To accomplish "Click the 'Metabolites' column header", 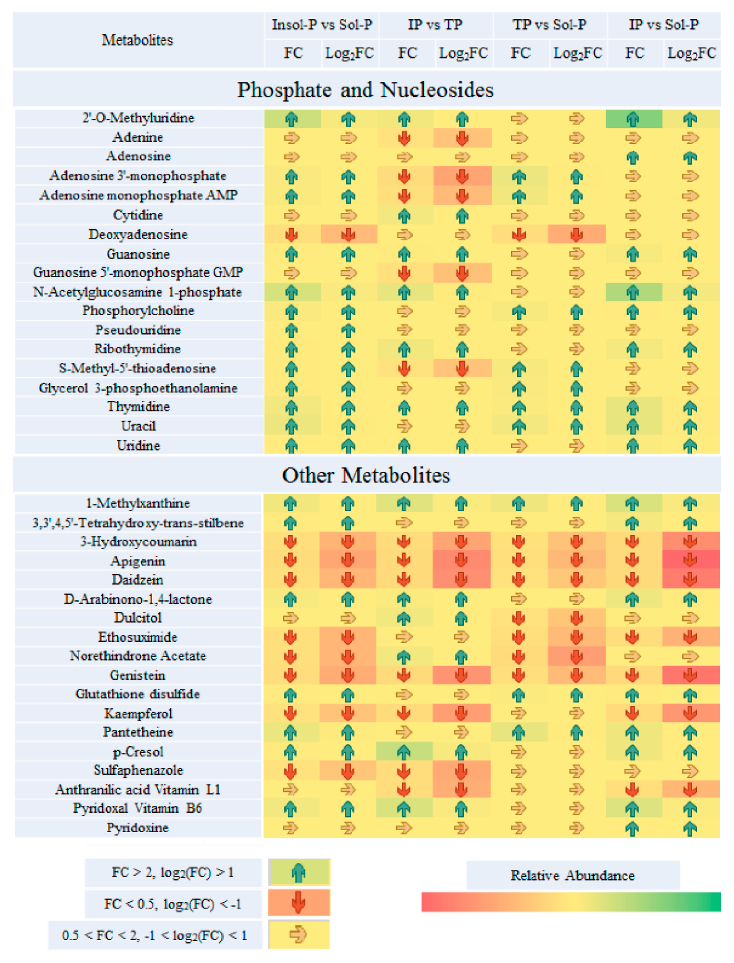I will click(x=138, y=40).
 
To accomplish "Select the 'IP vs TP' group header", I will click(x=435, y=25).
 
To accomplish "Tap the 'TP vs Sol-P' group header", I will click(x=550, y=25).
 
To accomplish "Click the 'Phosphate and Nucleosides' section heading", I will click(x=365, y=90).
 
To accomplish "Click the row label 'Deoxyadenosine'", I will click(x=138, y=234).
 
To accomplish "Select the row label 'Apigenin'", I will click(x=138, y=561).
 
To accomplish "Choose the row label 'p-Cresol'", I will click(x=138, y=752).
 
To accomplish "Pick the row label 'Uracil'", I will click(x=138, y=426).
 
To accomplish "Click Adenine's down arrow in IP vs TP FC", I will click(x=405, y=138).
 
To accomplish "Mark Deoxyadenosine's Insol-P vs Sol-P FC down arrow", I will click(x=291, y=235).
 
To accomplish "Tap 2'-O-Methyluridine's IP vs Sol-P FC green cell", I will click(x=633, y=119).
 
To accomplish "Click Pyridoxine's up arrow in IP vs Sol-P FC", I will click(x=633, y=828).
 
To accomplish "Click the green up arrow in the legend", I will click(x=299, y=872).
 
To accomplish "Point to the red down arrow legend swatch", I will click(x=299, y=903).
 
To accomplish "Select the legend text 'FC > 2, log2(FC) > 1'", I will click(x=173, y=872).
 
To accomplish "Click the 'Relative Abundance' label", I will click(x=572, y=876).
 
